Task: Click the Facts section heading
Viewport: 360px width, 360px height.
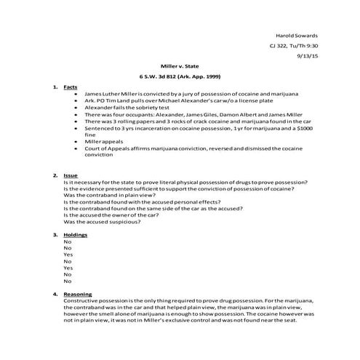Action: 71,86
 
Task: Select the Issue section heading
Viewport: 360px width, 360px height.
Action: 71,175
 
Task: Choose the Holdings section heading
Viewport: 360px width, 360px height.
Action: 76,235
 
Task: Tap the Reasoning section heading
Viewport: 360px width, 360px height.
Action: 79,294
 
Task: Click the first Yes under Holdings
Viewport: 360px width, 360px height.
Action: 68,255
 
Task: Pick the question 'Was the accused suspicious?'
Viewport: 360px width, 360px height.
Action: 102,222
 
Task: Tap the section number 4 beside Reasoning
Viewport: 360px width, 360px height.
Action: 55,294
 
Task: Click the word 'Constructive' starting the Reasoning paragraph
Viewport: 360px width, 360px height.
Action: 81,300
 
